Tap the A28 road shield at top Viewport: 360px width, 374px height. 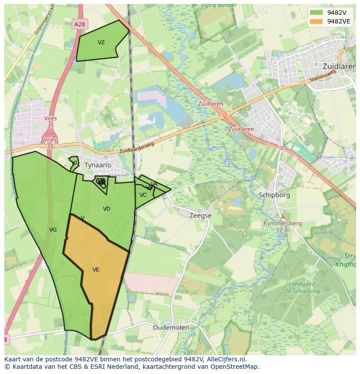click(x=80, y=25)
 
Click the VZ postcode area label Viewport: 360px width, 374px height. click(x=101, y=43)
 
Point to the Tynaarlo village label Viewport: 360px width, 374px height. click(x=98, y=165)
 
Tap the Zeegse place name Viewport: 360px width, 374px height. click(x=200, y=215)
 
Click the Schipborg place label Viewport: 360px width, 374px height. click(x=274, y=195)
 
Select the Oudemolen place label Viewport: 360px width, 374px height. click(x=171, y=327)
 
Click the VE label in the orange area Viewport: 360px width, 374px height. click(x=96, y=270)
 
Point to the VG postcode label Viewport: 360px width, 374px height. click(x=53, y=230)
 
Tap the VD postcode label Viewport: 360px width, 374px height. click(x=107, y=209)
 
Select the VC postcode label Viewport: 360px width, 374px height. click(x=143, y=195)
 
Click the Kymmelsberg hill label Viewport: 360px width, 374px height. click(x=283, y=223)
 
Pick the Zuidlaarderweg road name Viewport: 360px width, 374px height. click(x=137, y=148)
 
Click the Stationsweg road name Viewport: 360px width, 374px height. click(x=323, y=79)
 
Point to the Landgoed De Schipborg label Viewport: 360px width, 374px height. click(x=304, y=288)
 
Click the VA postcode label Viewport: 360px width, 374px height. click(x=154, y=184)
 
